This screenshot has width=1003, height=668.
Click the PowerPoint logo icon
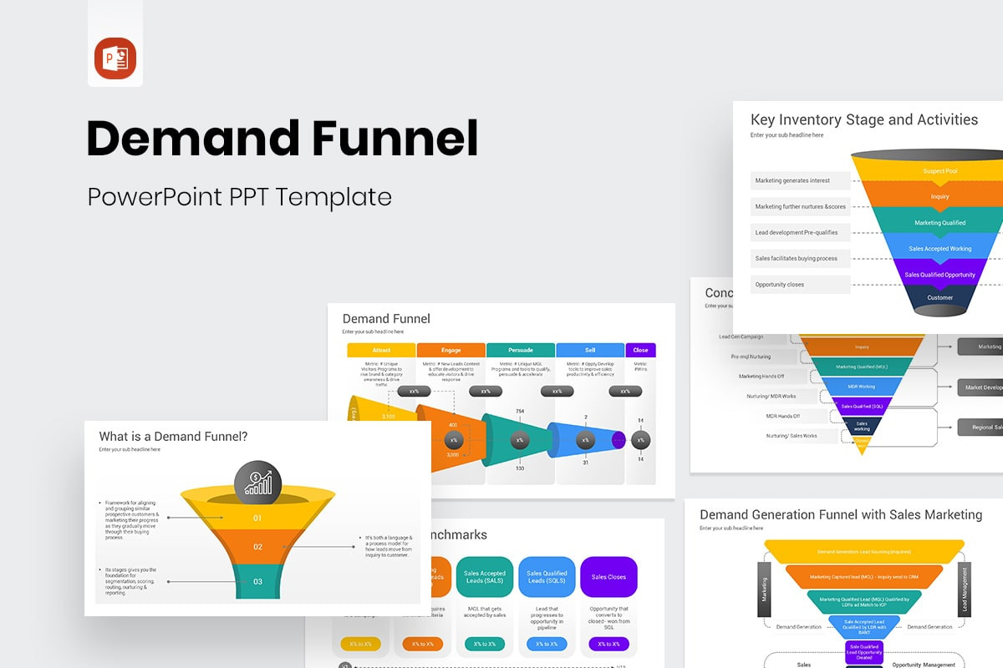(x=115, y=58)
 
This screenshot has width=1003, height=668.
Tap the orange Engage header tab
(x=451, y=350)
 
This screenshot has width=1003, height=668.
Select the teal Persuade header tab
(x=520, y=350)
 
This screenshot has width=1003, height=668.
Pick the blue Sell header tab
(x=590, y=350)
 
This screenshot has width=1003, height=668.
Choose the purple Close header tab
(x=640, y=350)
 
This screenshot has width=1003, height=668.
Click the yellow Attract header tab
(x=381, y=350)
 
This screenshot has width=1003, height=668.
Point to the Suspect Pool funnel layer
(x=939, y=171)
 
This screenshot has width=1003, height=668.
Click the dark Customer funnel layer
(x=939, y=298)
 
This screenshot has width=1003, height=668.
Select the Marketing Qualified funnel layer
(x=939, y=223)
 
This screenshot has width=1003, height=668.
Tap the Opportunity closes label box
(x=788, y=285)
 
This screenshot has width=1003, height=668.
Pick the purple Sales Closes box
(x=608, y=577)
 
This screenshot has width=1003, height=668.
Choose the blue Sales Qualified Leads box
(x=547, y=577)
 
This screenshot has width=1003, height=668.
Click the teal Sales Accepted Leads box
(x=485, y=577)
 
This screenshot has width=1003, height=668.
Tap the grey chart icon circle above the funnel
(x=258, y=482)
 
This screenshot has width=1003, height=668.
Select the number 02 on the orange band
(x=257, y=547)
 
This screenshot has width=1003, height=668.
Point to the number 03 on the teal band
(x=257, y=581)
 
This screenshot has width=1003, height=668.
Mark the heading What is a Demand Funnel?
(x=173, y=436)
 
